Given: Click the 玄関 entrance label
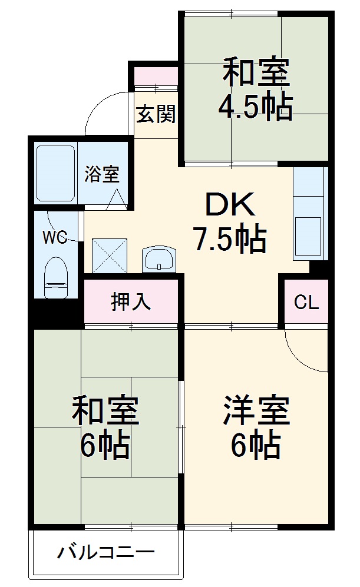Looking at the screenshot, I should tap(156, 114).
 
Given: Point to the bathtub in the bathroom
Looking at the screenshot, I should tap(55, 174).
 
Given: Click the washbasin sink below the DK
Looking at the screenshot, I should tap(158, 258).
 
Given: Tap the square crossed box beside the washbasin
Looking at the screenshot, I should tap(110, 256).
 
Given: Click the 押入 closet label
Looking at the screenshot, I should tap(131, 301).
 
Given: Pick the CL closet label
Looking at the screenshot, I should tap(306, 303).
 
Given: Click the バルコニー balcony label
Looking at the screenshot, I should tap(106, 553).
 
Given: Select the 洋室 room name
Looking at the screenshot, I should tap(256, 412).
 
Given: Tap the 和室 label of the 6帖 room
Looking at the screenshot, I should tap(105, 412).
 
